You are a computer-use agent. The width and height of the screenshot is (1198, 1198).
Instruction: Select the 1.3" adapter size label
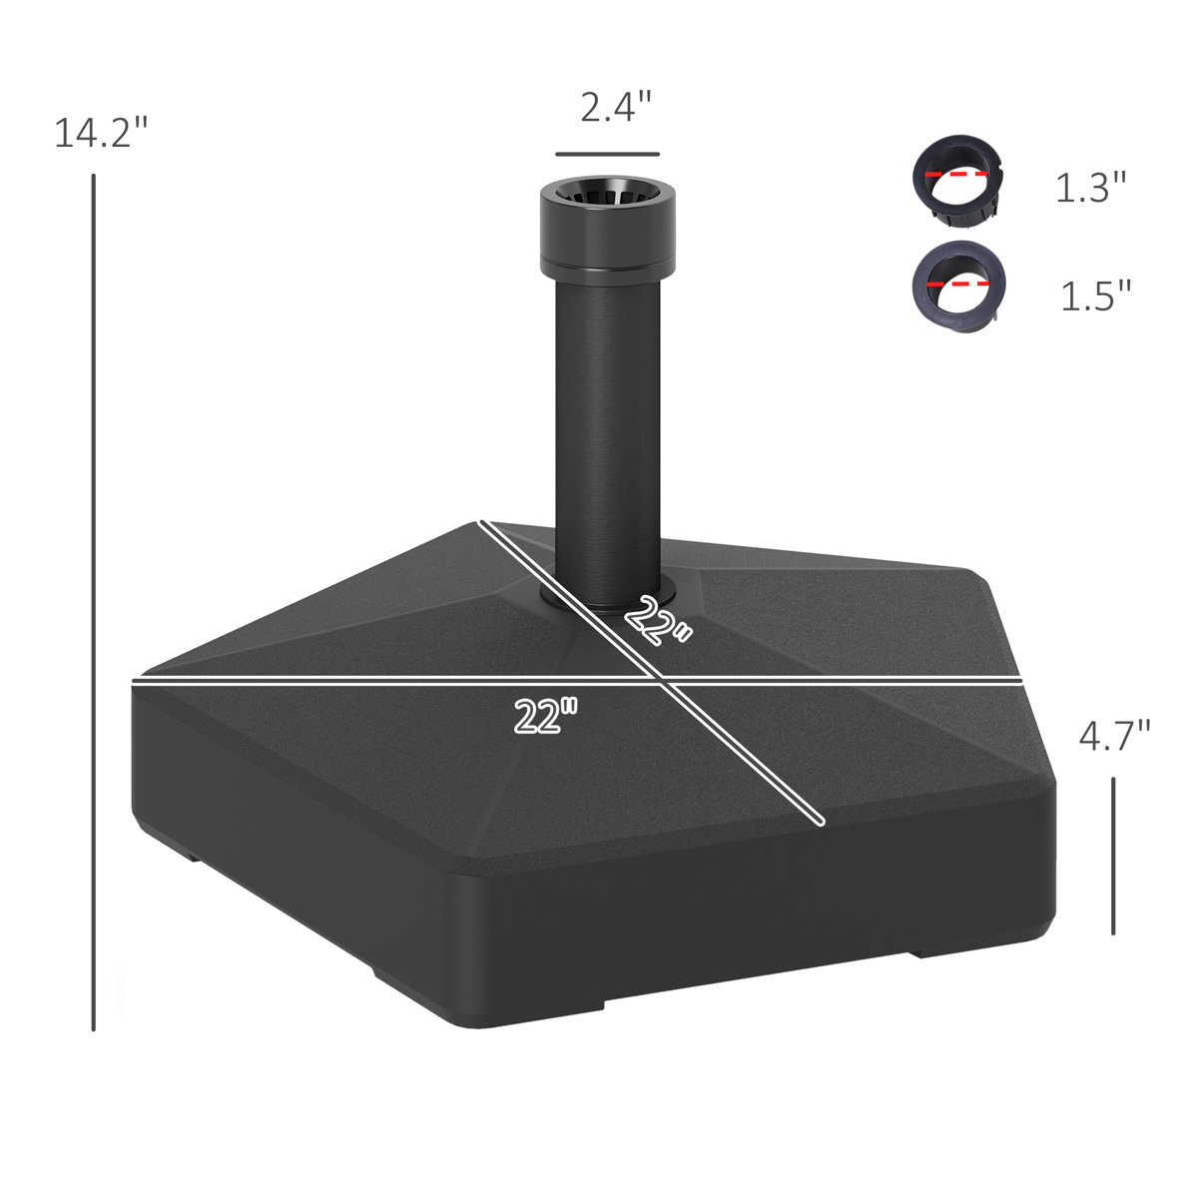[x=1091, y=188]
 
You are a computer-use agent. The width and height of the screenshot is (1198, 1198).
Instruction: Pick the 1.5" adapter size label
[x=1095, y=296]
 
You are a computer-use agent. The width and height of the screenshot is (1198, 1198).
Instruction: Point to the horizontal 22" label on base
[x=546, y=715]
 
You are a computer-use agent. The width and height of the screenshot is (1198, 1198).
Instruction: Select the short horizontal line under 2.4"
[x=607, y=155]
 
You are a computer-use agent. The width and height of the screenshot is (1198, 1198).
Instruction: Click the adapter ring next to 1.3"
[x=957, y=181]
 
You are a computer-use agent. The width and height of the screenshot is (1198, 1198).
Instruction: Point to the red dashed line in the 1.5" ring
[x=958, y=284]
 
